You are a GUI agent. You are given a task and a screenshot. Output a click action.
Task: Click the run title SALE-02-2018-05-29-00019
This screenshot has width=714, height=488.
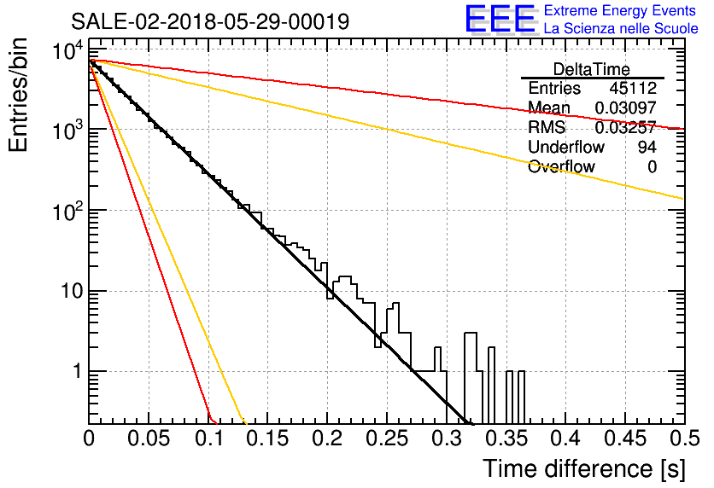pyautogui.click(x=210, y=21)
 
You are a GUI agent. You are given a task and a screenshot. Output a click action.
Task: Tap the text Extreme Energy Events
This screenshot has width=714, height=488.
pyautogui.click(x=620, y=10)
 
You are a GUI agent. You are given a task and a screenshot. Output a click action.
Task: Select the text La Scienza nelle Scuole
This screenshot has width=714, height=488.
pyautogui.click(x=621, y=28)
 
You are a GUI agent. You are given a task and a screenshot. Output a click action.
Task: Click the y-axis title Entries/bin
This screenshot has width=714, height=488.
pyautogui.click(x=18, y=96)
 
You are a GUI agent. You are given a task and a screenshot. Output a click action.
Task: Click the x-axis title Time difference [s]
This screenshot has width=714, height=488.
pyautogui.click(x=584, y=468)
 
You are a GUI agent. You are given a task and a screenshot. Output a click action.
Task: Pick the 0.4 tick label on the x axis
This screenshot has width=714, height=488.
pyautogui.click(x=565, y=439)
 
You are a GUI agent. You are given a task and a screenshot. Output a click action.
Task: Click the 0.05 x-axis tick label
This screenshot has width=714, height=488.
pyautogui.click(x=149, y=439)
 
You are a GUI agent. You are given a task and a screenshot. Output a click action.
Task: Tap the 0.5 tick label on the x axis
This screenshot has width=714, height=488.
pyautogui.click(x=684, y=439)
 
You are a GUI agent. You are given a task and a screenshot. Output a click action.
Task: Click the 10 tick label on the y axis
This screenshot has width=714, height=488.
pyautogui.click(x=73, y=291)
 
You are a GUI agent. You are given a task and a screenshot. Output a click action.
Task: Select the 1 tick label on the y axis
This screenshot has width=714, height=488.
pyautogui.click(x=78, y=371)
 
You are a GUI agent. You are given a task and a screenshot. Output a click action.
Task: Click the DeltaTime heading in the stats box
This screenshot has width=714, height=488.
pyautogui.click(x=592, y=69)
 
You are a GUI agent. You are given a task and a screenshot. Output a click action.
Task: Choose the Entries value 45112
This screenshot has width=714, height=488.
pyautogui.click(x=633, y=88)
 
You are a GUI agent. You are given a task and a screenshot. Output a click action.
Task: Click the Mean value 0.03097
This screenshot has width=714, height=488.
pyautogui.click(x=626, y=107)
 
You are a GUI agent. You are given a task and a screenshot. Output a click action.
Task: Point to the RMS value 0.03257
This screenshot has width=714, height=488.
pyautogui.click(x=626, y=127)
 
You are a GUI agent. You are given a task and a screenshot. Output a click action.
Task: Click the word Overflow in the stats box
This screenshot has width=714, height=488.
pyautogui.click(x=561, y=167)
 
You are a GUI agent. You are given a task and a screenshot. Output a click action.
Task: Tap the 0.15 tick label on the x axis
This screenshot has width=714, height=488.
pyautogui.click(x=267, y=439)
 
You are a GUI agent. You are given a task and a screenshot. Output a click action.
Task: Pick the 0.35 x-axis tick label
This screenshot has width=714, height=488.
pyautogui.click(x=506, y=439)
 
